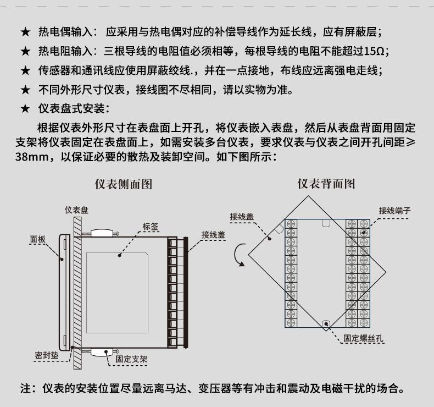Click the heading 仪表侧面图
[124, 184]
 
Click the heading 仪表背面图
[326, 184]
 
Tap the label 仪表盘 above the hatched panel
[77, 210]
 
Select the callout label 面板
[38, 239]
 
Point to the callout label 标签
[151, 227]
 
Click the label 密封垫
[47, 355]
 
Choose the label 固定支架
[131, 359]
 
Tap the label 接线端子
[394, 211]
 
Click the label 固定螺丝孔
[363, 338]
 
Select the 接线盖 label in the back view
[242, 216]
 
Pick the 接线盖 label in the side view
[213, 235]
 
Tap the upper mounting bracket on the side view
[102, 233]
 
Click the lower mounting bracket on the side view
[102, 352]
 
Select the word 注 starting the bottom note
[25, 388]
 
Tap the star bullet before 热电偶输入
[25, 32]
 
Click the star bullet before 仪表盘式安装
[25, 108]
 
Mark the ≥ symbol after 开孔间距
[410, 142]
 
